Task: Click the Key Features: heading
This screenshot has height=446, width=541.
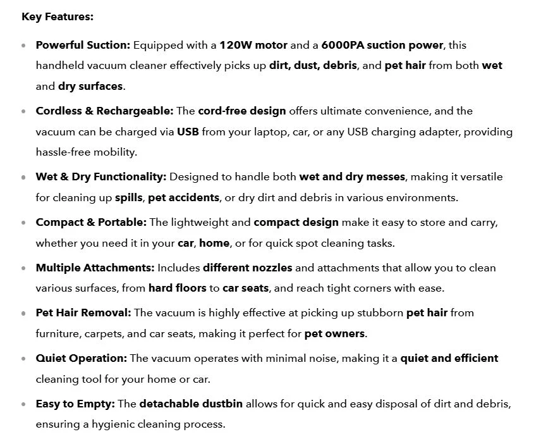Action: pos(58,17)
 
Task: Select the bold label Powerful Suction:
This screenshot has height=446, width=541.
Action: pos(83,45)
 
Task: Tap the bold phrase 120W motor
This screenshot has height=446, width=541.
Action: pos(253,45)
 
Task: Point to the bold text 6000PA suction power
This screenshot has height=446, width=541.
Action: pos(382,45)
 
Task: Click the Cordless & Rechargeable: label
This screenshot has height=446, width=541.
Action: pos(104,111)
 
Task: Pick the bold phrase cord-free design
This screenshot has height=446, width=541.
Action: pos(242,111)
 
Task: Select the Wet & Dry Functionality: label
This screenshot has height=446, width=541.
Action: pos(101,177)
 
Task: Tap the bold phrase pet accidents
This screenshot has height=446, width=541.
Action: pos(184,197)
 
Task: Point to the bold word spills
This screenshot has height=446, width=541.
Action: pos(129,197)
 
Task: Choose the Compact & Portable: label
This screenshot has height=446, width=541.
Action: pos(91,222)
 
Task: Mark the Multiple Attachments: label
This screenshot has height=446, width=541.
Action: pos(95,268)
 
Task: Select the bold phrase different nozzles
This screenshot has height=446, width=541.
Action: pos(248,268)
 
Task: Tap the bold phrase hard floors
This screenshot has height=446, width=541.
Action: pos(178,288)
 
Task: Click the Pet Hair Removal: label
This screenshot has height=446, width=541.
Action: pos(83,313)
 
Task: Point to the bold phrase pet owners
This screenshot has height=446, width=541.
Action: pos(334,333)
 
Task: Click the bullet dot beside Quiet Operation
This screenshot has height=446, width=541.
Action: pos(24,359)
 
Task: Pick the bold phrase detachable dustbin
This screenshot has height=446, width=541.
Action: pos(191,404)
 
